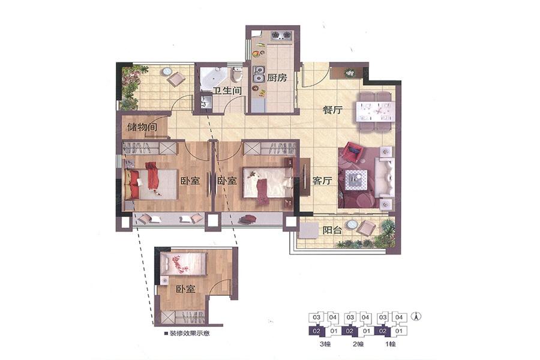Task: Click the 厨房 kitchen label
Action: tap(277, 77)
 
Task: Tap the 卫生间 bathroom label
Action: tap(227, 91)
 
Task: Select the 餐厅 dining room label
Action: tap(332, 110)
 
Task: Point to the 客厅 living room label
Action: tap(322, 181)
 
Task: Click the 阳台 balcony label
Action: tap(332, 230)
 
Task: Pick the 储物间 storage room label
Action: tap(142, 127)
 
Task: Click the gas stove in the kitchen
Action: tap(281, 35)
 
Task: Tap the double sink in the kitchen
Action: tap(258, 74)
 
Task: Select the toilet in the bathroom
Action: tap(236, 74)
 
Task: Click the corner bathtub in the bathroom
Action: tap(213, 78)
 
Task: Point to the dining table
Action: tap(374, 111)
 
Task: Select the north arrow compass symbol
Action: tap(417, 316)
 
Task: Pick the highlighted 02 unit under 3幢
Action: tap(317, 331)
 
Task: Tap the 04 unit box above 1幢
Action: tap(399, 317)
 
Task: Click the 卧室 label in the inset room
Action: tap(185, 289)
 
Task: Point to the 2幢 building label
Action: tap(358, 343)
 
